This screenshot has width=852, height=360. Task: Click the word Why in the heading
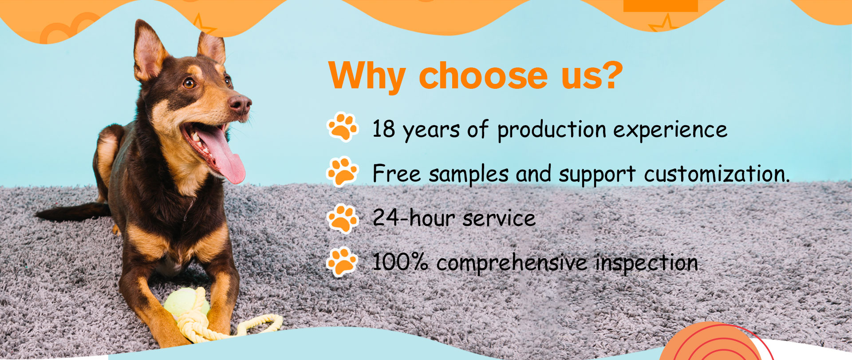click(x=367, y=75)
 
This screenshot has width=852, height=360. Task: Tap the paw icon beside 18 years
click(x=343, y=127)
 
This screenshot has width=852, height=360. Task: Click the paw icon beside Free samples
click(x=343, y=171)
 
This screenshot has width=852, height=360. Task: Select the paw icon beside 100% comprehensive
click(x=343, y=262)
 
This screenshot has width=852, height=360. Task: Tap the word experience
click(x=671, y=131)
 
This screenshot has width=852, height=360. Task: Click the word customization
click(x=717, y=174)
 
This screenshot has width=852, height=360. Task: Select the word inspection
click(x=647, y=263)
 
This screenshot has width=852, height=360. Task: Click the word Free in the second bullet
click(x=397, y=173)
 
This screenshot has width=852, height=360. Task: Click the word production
click(x=552, y=131)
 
